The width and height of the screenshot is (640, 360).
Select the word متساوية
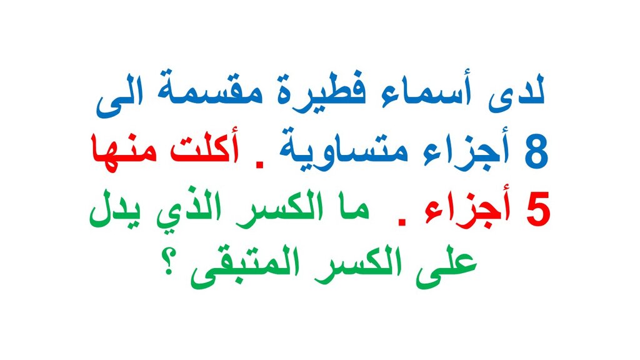click(343, 149)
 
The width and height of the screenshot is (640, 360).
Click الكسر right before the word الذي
click(277, 209)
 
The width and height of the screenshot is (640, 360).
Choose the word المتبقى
click(246, 267)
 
